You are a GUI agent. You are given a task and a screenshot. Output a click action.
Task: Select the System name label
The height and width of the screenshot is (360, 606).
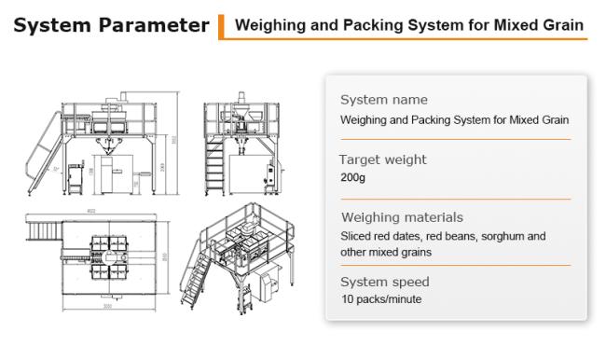point(384,100)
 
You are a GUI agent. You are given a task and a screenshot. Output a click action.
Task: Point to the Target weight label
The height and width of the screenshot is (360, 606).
point(382,159)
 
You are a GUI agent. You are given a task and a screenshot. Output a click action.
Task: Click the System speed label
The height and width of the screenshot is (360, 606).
point(384,282)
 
